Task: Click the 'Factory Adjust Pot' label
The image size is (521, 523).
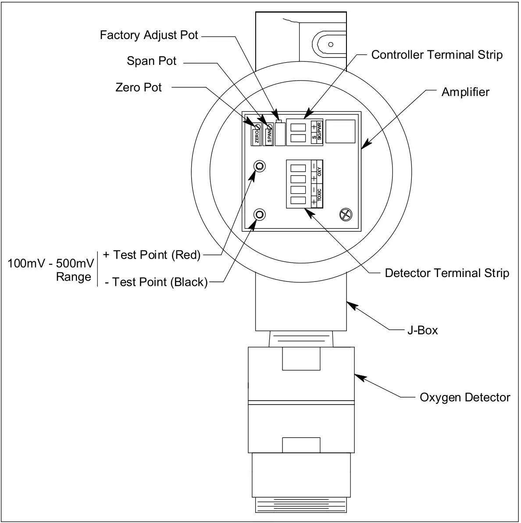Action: (149, 35)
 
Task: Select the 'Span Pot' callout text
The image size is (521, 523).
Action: (151, 61)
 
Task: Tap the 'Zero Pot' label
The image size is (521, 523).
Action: (139, 87)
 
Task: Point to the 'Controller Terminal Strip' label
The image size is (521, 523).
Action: (436, 55)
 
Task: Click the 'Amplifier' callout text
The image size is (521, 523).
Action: (465, 92)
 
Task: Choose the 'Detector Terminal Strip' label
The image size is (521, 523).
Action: (446, 273)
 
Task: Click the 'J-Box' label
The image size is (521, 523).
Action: (422, 330)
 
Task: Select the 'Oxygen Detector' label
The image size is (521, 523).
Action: (465, 398)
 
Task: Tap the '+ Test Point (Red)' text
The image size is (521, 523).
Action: (152, 255)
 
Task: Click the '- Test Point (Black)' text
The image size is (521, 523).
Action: (156, 282)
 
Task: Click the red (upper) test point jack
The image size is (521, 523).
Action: (260, 166)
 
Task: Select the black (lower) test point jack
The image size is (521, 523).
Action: (260, 214)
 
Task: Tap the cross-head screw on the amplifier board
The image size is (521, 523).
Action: (346, 214)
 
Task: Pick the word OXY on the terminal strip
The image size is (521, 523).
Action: (319, 172)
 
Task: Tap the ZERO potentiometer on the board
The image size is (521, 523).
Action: (257, 127)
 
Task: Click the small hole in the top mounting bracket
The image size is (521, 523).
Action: (331, 44)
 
